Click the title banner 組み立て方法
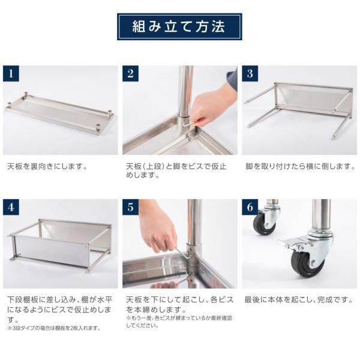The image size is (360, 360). (x=179, y=27)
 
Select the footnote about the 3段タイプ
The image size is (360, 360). (x=53, y=328)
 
